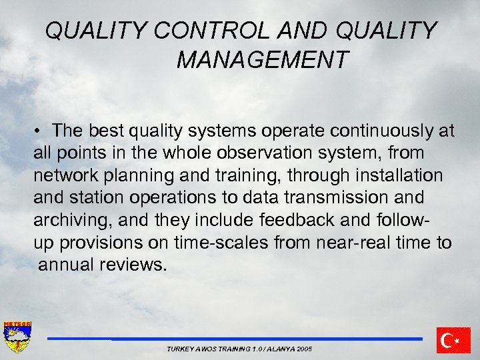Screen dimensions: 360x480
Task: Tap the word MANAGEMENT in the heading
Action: pos(262,60)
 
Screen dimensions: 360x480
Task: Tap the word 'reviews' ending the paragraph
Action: pos(134,265)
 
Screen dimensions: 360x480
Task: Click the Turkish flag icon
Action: pos(453,340)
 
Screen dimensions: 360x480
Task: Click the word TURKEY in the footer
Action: pos(179,349)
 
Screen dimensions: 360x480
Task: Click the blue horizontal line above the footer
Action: pos(234,339)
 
